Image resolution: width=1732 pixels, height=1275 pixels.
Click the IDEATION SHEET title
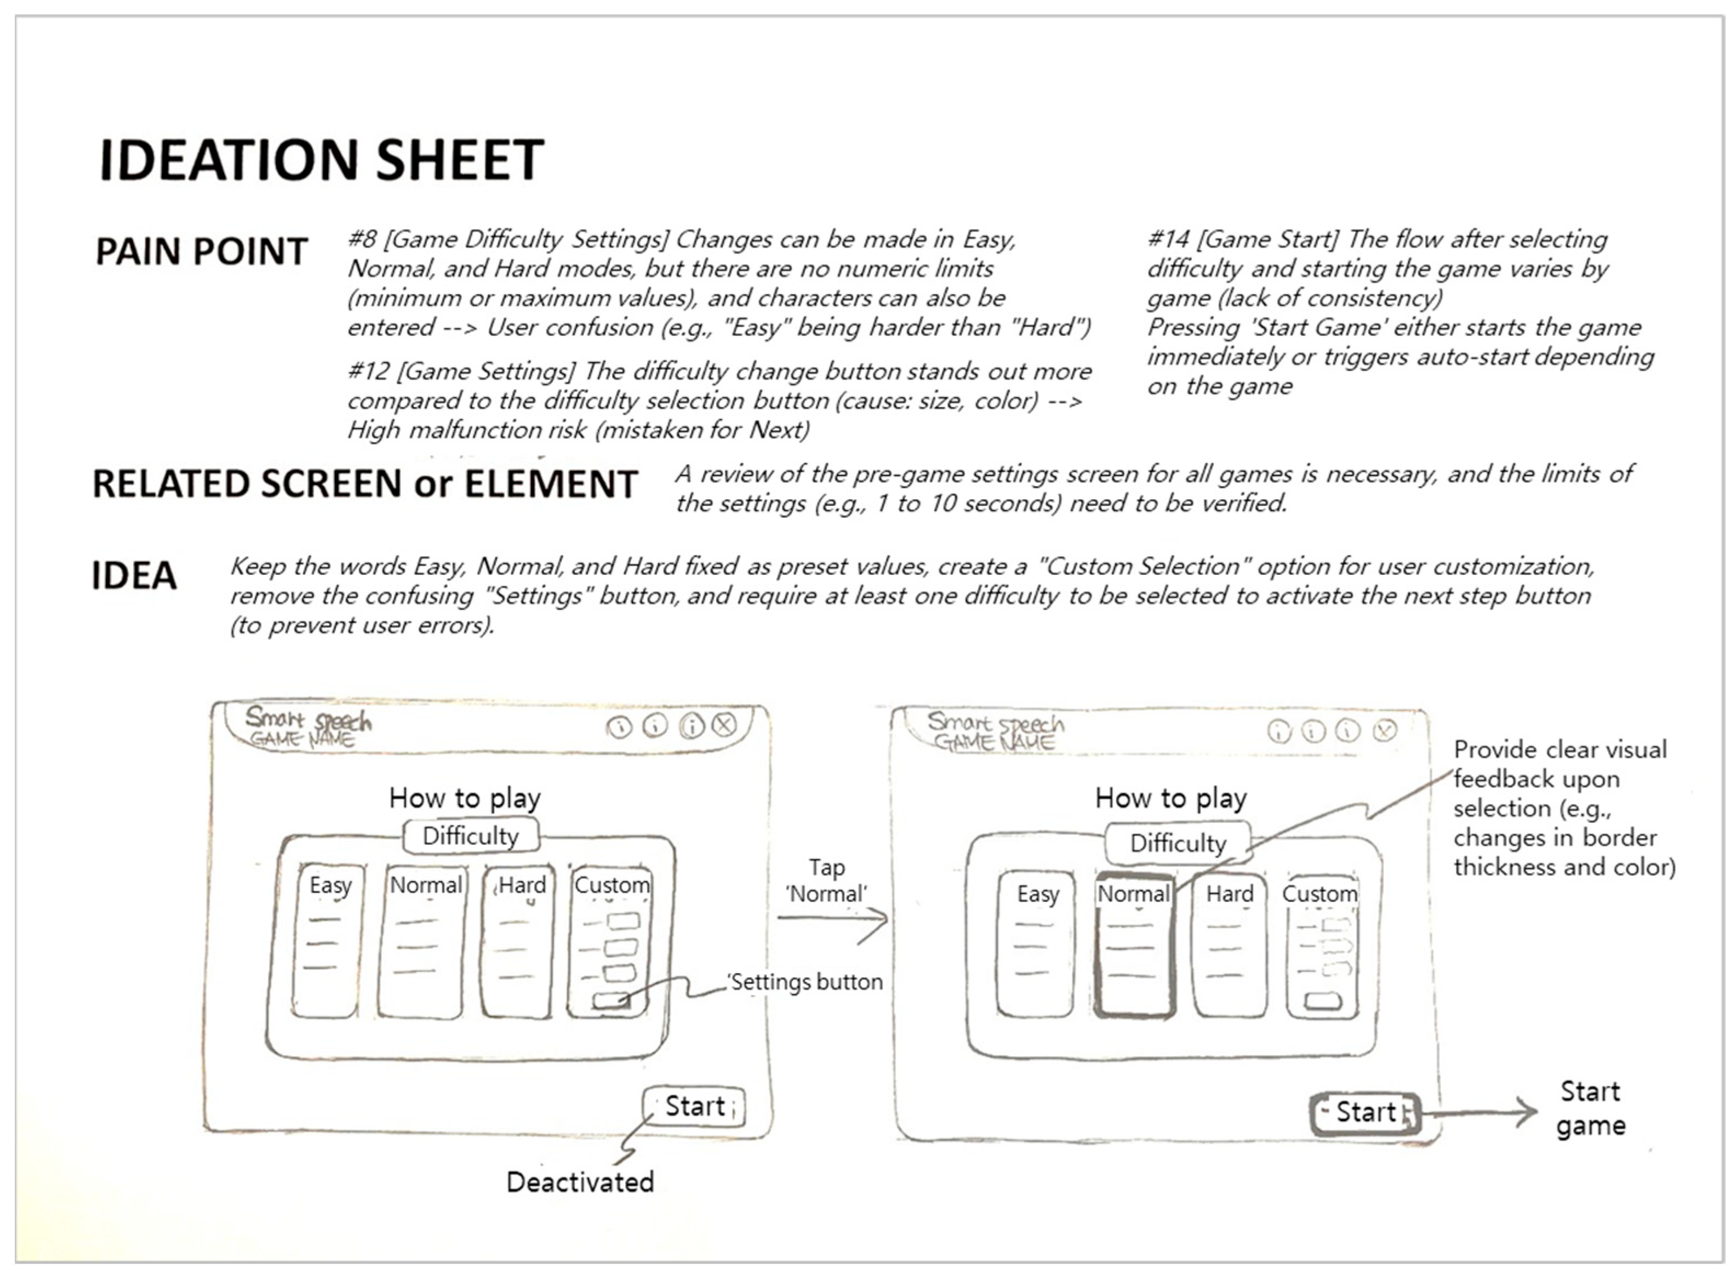click(x=321, y=160)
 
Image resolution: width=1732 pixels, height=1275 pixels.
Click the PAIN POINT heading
click(x=202, y=251)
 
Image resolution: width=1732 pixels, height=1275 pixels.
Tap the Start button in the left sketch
click(x=694, y=1107)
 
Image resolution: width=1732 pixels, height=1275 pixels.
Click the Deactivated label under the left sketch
click(x=580, y=1182)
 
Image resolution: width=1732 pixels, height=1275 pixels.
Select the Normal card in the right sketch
click(x=1134, y=946)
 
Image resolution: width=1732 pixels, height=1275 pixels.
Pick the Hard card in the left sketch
click(x=518, y=941)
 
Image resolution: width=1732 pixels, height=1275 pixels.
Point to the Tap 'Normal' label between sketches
click(x=827, y=881)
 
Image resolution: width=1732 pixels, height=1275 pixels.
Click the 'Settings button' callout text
click(x=805, y=982)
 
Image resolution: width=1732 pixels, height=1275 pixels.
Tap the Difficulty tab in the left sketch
click(x=470, y=836)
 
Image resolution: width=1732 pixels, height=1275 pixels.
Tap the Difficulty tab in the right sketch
click(x=1177, y=843)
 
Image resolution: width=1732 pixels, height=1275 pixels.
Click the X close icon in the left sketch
click(x=724, y=725)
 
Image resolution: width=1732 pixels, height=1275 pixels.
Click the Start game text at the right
click(x=1590, y=1108)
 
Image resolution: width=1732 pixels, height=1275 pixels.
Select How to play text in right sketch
click(x=1170, y=798)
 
